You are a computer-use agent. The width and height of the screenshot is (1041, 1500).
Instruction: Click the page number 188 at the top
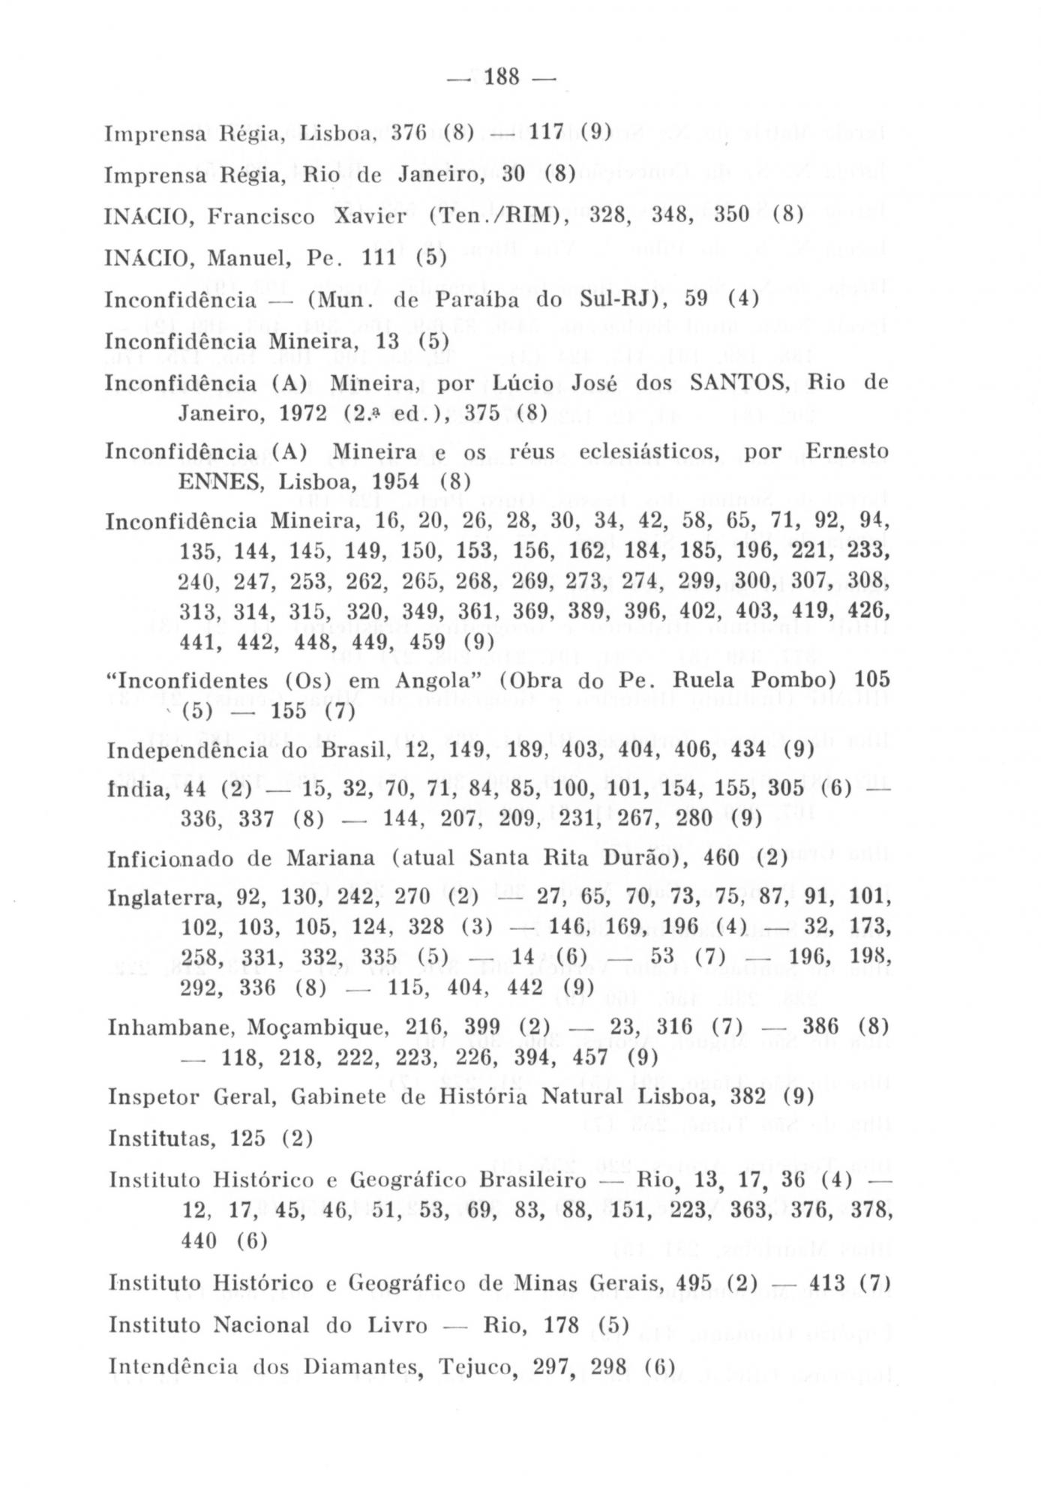pyautogui.click(x=502, y=77)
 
